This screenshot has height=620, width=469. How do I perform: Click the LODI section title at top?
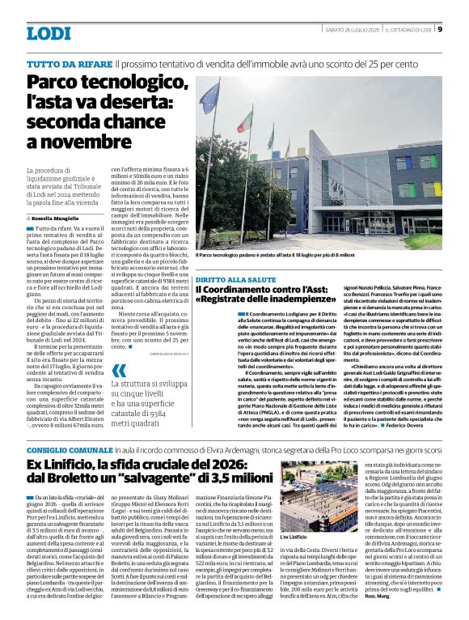[x=49, y=33]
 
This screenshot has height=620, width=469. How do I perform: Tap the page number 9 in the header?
[x=439, y=31]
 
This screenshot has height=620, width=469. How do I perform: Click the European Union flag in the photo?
[x=209, y=96]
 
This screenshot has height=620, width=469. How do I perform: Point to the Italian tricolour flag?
[x=245, y=121]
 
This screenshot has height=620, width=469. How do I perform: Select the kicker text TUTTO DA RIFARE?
[x=70, y=63]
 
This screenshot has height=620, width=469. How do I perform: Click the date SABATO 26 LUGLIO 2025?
[x=344, y=31]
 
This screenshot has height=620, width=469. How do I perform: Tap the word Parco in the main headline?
[x=56, y=83]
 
